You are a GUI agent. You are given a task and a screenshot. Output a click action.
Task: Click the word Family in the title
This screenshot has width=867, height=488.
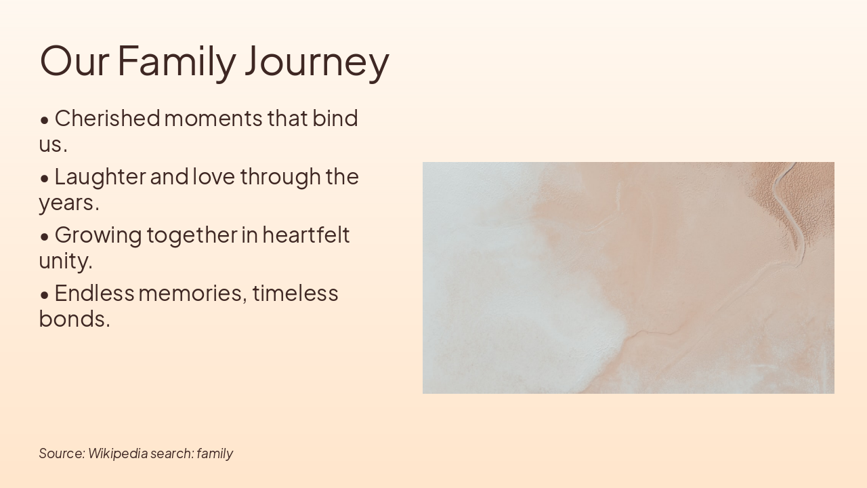tap(177, 60)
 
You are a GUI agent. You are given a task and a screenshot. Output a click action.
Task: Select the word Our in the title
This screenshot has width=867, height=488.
tap(75, 60)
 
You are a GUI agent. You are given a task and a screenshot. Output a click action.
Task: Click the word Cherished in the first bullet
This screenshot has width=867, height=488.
tap(107, 119)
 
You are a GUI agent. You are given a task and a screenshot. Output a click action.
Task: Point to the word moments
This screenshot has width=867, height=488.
tap(213, 119)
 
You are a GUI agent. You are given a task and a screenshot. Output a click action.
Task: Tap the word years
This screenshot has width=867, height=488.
tap(68, 203)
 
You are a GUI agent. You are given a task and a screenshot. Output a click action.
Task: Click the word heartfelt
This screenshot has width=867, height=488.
tap(305, 235)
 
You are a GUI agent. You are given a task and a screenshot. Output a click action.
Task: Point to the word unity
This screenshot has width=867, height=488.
tap(65, 261)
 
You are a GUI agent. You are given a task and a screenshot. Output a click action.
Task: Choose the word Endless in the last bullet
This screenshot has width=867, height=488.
tap(94, 293)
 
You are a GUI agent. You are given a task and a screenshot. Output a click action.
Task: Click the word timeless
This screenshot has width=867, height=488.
tap(295, 293)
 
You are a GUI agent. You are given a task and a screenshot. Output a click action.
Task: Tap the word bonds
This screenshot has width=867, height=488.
tap(74, 319)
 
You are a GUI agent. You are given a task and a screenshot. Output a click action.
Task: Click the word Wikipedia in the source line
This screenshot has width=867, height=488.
tap(118, 453)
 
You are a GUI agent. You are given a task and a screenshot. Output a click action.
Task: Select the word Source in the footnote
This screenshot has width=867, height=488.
tap(62, 453)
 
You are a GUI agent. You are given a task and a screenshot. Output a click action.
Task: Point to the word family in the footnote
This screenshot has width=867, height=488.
tap(215, 453)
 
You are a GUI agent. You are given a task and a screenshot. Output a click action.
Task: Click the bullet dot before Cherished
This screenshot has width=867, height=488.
tap(45, 120)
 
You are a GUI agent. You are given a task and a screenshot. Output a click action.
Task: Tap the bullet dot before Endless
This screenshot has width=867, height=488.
tap(45, 295)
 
